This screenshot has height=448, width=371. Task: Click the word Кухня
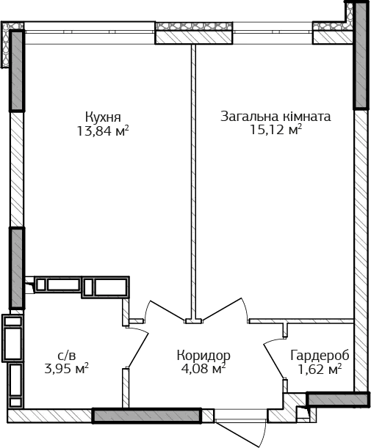[x=103, y=117]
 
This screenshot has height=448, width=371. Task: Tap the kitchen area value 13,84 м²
[x=103, y=131]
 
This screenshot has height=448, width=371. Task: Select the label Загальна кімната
[x=275, y=117]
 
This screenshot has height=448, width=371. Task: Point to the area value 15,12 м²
[x=276, y=130]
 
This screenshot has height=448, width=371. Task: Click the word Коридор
[x=203, y=356]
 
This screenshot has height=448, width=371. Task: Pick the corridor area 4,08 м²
[x=203, y=368]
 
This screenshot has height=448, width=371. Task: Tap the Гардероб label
[x=320, y=356]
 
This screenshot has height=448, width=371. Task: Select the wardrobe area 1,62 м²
[x=320, y=369]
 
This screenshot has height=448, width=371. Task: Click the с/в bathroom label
[x=67, y=356]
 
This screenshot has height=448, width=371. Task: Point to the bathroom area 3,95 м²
[x=66, y=369]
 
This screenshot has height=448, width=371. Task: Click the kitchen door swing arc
[x=147, y=309]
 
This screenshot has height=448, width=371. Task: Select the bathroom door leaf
[x=138, y=350]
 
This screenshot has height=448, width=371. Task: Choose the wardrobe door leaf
[x=274, y=361]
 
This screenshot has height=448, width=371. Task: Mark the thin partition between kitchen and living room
[x=193, y=183]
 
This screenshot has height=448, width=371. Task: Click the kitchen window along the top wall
[x=90, y=33]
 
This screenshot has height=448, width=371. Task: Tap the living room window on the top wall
[x=273, y=33]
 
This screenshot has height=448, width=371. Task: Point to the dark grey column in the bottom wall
[x=147, y=416]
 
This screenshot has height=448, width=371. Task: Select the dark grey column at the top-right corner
[x=361, y=56]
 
